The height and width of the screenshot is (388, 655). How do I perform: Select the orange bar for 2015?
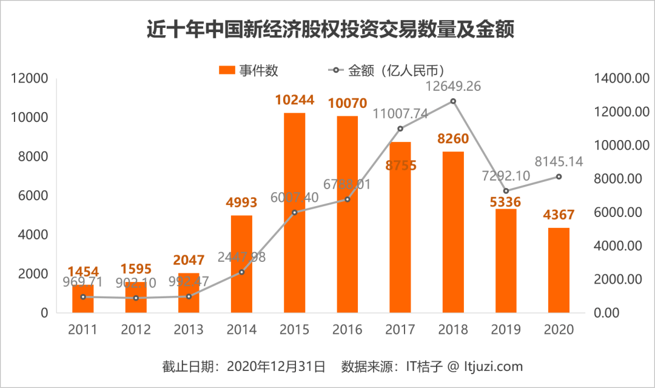(x=294, y=212)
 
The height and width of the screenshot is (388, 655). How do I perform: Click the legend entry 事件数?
(x=249, y=70)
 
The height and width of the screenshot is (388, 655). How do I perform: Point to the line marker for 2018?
(x=452, y=101)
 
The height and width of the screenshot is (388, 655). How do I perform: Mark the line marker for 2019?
(x=506, y=191)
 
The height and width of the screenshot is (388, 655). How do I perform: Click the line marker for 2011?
(x=82, y=296)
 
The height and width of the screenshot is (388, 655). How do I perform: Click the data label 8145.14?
(x=559, y=161)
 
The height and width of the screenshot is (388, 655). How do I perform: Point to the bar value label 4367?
(x=559, y=215)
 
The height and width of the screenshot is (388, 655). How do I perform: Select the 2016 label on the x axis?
(x=347, y=330)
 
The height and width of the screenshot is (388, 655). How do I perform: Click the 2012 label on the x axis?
(x=135, y=330)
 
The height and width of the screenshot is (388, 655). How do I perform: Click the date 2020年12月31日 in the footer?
(x=276, y=367)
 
